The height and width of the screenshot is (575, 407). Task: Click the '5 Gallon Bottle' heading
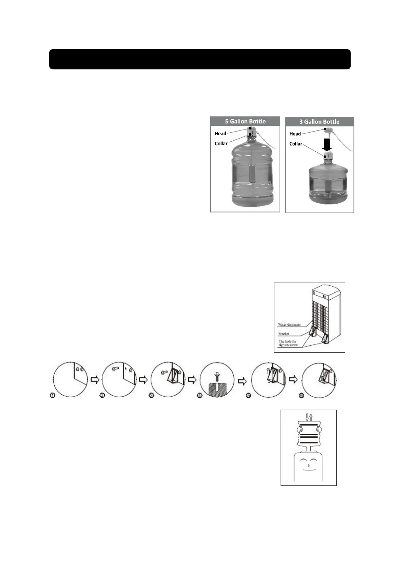point(245,121)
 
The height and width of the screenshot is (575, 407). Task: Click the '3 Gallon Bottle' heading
point(320,122)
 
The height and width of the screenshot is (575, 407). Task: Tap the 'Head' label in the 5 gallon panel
point(220,134)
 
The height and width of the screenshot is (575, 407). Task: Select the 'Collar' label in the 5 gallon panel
point(221,143)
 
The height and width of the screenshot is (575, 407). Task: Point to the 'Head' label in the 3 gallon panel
point(295,134)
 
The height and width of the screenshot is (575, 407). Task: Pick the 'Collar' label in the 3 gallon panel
point(296,144)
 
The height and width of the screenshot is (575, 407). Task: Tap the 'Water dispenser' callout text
point(289,324)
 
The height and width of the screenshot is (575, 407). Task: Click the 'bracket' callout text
point(284,333)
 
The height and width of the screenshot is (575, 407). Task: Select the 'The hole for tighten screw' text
point(288,343)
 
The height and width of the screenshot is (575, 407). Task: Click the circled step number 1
point(53,395)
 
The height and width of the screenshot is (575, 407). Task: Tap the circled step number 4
point(200,396)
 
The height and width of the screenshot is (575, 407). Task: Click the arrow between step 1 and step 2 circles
point(94,380)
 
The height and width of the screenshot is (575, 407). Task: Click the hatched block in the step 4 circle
point(217,389)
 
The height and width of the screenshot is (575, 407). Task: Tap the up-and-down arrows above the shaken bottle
point(309,417)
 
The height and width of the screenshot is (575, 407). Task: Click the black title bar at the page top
point(200,59)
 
